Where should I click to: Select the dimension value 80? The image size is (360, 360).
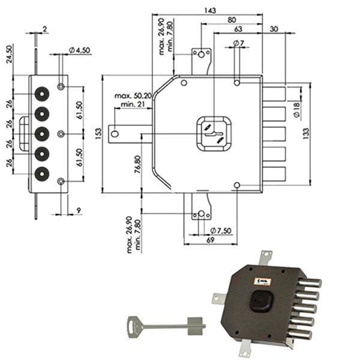pos(231,19)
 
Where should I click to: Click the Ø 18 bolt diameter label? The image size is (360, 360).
pos(296,109)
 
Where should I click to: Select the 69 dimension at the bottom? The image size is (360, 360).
pos(209,240)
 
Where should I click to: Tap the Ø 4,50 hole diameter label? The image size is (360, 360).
pos(79,50)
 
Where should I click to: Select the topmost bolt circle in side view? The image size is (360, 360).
pos(41,94)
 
